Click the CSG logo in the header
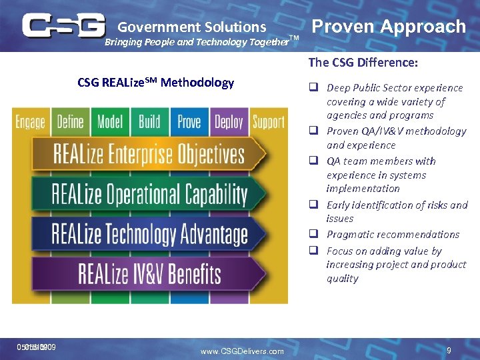coord(63,25)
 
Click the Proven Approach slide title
coord(389,27)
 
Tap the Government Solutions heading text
coord(192,27)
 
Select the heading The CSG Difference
coord(363,63)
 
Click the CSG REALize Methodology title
coord(155,83)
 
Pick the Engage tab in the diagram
coord(31,122)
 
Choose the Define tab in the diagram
coord(70,122)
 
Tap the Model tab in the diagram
coord(110,122)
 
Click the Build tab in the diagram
coord(149,122)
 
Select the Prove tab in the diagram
coord(189,122)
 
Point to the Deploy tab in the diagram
coord(229,122)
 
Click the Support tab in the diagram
coord(268,122)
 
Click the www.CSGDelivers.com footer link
coord(242,351)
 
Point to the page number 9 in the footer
coord(449,349)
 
